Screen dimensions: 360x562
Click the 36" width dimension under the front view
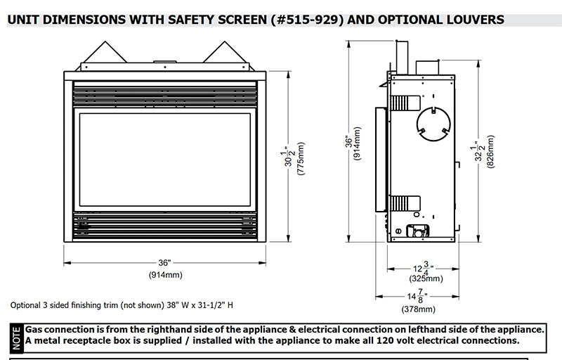pyautogui.click(x=165, y=263)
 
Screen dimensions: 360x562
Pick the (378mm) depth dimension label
pyautogui.click(x=418, y=309)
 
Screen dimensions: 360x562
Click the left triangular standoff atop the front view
pyautogui.click(x=102, y=55)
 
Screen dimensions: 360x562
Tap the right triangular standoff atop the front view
pyautogui.click(x=226, y=55)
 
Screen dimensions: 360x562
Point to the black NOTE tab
pyautogui.click(x=15, y=336)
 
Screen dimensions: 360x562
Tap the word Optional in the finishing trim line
pyautogui.click(x=27, y=306)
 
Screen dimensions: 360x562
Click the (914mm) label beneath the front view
pyautogui.click(x=165, y=274)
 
